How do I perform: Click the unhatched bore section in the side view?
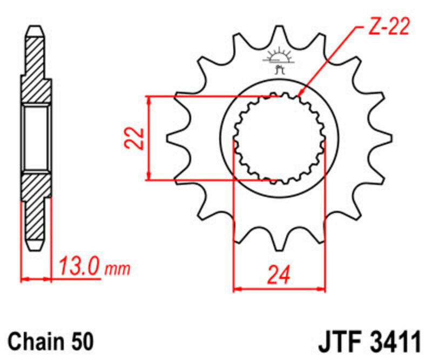tap(37, 137)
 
